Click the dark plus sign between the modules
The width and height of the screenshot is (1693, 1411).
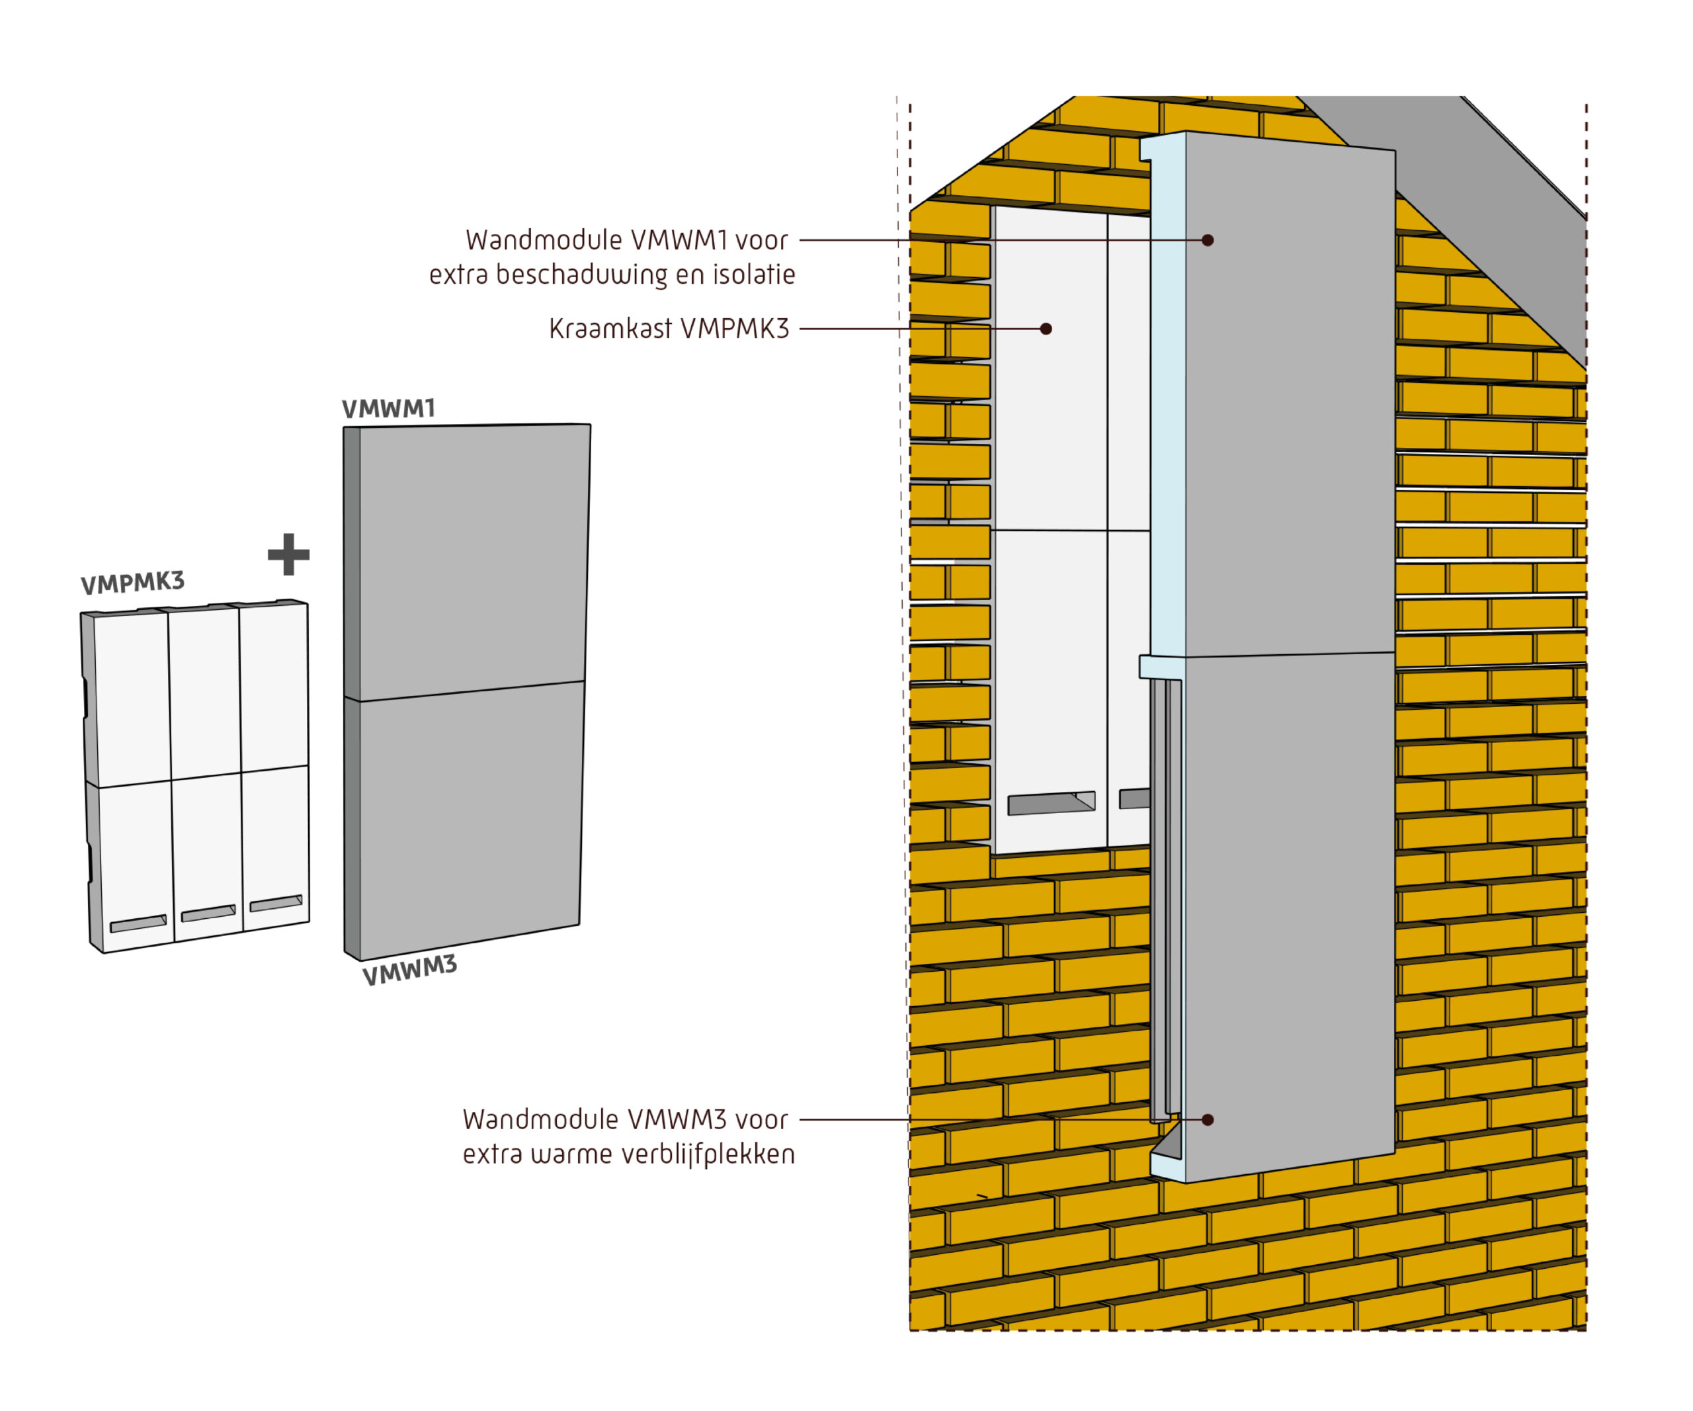[x=288, y=555]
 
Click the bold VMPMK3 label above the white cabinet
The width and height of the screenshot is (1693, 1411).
[x=133, y=582]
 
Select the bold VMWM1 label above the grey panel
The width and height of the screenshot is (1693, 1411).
[x=389, y=409]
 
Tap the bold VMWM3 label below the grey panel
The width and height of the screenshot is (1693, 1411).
[x=409, y=970]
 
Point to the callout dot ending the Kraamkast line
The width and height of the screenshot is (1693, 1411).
[x=1046, y=329]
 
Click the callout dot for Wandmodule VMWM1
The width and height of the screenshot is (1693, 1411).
[x=1208, y=240]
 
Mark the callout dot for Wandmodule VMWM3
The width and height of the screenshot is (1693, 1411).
[x=1208, y=1120]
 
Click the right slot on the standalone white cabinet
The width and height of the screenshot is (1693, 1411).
[x=276, y=903]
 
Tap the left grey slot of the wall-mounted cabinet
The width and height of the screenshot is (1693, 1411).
[x=1052, y=803]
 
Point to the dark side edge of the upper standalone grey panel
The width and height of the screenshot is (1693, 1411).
[x=352, y=563]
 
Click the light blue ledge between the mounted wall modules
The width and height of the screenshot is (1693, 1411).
[x=1163, y=667]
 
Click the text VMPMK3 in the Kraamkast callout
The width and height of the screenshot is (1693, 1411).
[x=735, y=329]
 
